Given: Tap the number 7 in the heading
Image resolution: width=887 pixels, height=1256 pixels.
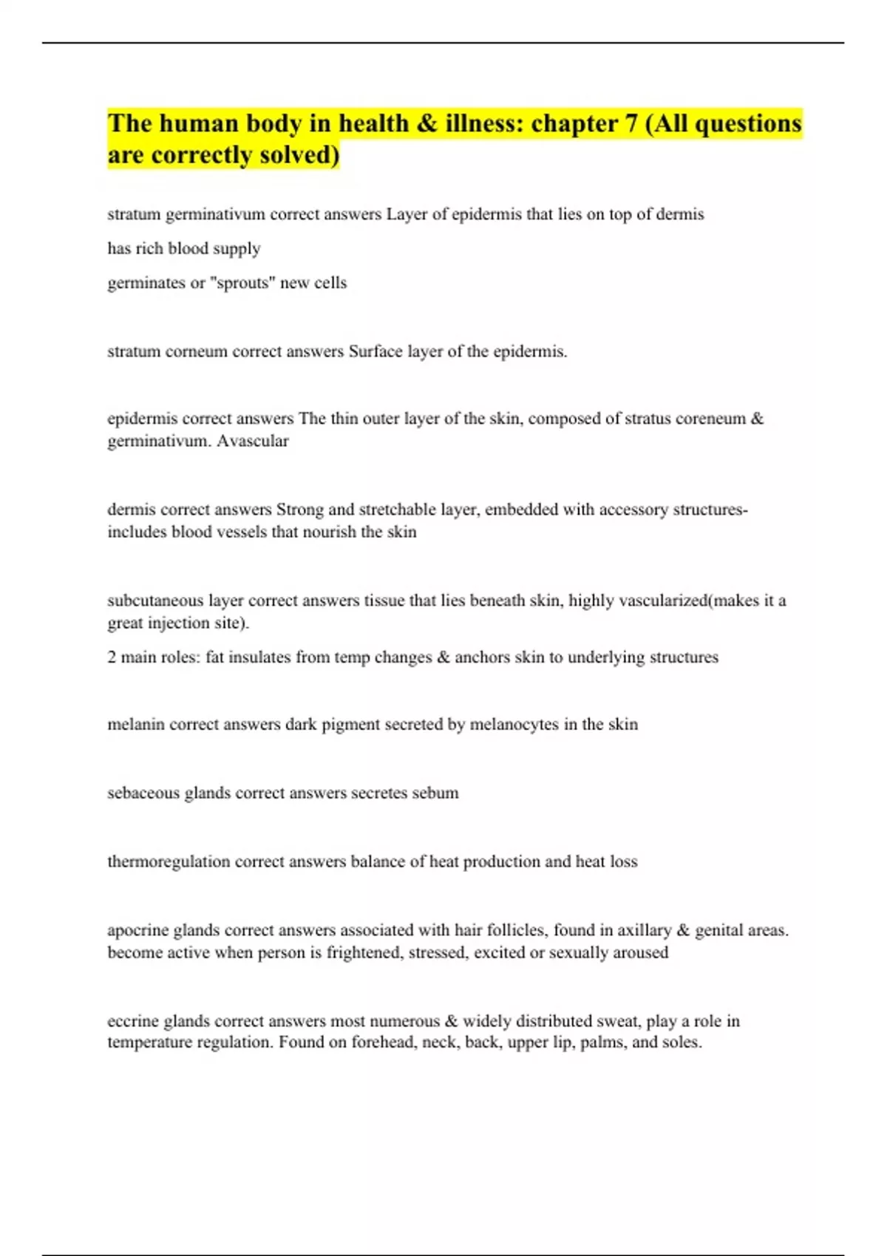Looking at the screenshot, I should (631, 123).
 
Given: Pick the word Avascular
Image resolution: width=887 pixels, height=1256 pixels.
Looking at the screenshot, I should (252, 441).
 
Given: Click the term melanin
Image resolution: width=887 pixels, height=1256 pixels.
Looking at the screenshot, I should (136, 725).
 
